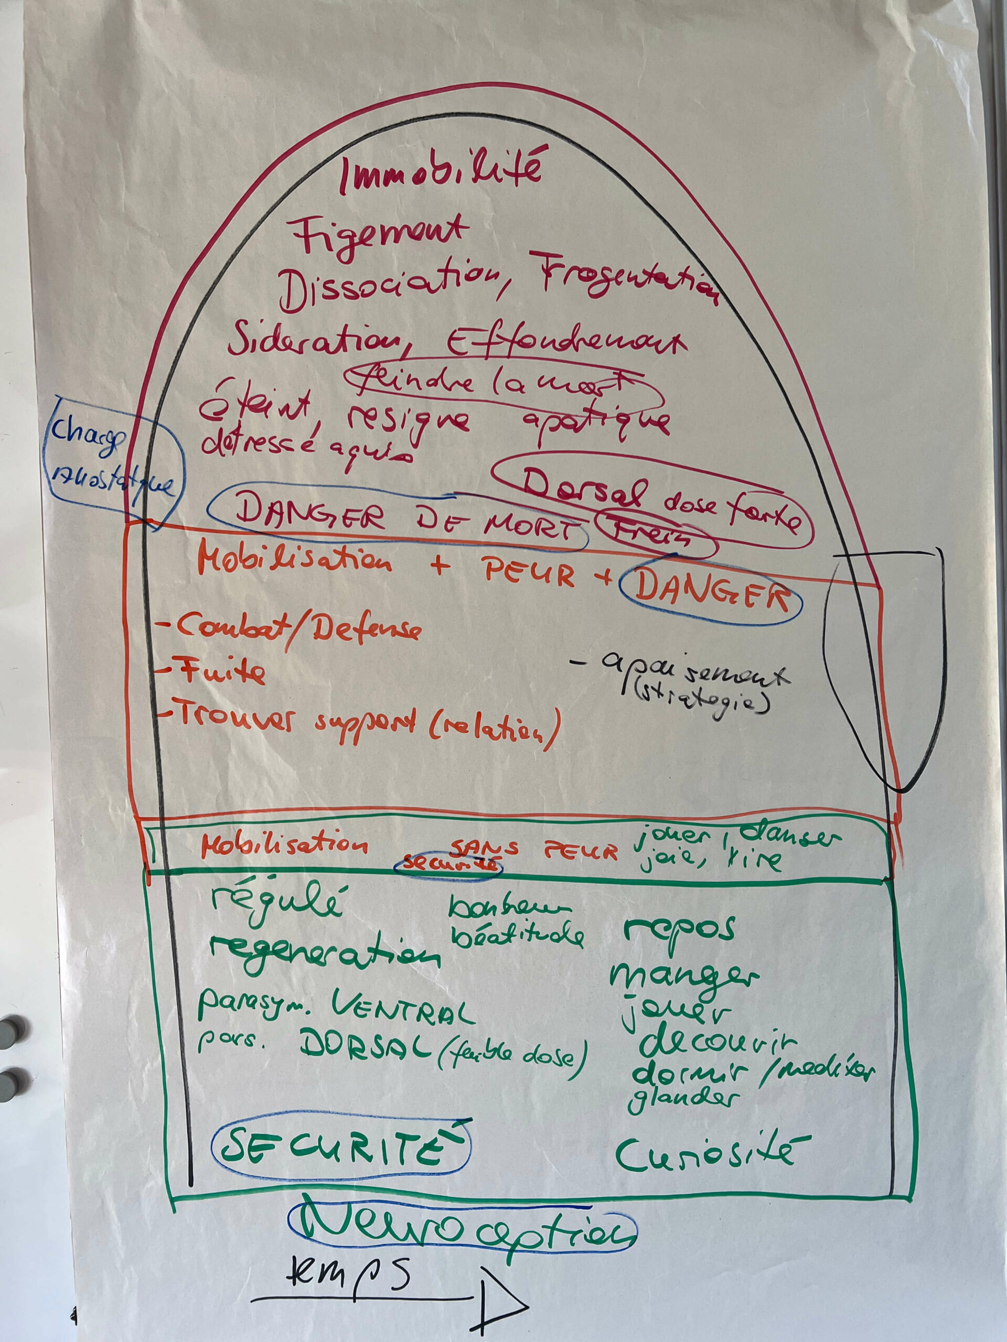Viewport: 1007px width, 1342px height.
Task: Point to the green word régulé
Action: point(276,904)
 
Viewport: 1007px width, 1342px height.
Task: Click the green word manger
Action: point(683,977)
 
